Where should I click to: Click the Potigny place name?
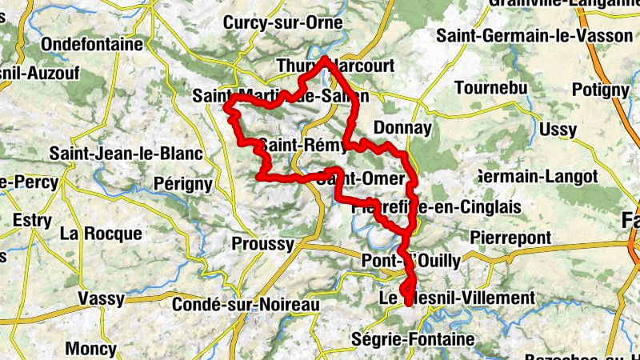[601, 90]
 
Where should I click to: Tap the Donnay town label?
[402, 128]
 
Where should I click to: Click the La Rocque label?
[101, 234]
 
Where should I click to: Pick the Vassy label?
[101, 299]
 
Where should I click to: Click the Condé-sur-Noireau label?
[246, 304]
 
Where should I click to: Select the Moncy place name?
[90, 349]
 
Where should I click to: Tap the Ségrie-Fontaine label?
[413, 339]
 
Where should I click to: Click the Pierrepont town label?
[510, 238]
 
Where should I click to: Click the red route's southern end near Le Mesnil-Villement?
[409, 302]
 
